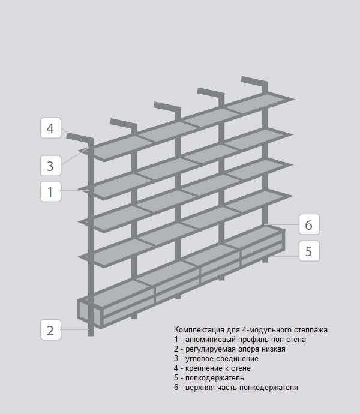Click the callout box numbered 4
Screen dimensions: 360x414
(50, 128)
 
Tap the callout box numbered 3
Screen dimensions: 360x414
(50, 166)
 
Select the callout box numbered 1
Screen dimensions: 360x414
(50, 191)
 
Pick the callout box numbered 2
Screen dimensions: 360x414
(50, 330)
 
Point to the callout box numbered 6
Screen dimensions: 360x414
(309, 224)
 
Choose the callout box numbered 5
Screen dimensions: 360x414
(309, 251)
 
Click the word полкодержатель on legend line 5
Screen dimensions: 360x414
(214, 378)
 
